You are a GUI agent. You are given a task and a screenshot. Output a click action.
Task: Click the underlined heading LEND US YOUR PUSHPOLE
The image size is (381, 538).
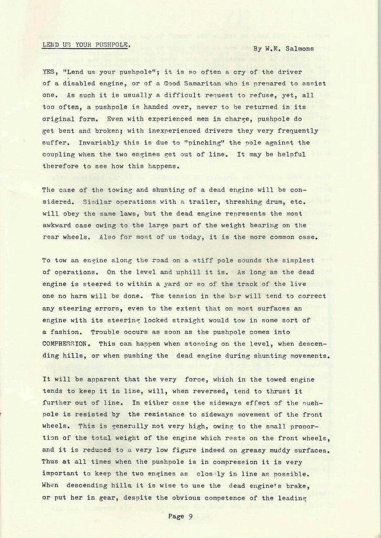click(86, 45)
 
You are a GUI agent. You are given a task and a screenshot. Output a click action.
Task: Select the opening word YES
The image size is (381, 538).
click(48, 72)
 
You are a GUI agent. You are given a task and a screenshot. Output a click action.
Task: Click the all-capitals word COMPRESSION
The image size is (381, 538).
click(65, 344)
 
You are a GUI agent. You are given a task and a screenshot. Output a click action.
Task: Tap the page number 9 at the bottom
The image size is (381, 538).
click(190, 516)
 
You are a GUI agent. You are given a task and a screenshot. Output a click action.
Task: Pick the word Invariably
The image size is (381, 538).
click(95, 143)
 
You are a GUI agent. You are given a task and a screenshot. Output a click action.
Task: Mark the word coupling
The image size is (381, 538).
click(59, 154)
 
